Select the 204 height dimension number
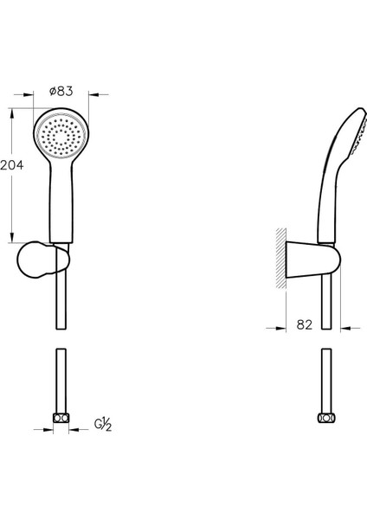click(x=10, y=163)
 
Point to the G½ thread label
click(x=102, y=424)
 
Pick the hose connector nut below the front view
click(x=60, y=418)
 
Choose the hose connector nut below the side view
click(x=325, y=418)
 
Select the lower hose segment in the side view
click(x=325, y=381)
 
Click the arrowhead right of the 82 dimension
click(x=343, y=327)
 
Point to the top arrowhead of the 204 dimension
click(x=12, y=112)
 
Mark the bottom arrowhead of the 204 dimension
click(x=12, y=239)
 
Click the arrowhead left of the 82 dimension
click(x=282, y=327)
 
